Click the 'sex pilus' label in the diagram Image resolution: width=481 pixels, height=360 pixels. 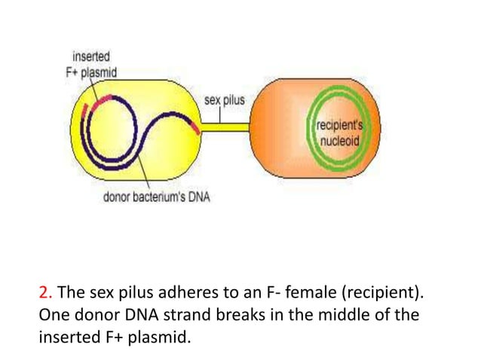tap(224, 100)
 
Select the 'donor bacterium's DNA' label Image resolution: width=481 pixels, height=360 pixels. tap(156, 198)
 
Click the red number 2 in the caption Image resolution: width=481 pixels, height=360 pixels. tap(42, 292)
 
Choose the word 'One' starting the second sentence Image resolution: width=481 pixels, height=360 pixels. tap(51, 314)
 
